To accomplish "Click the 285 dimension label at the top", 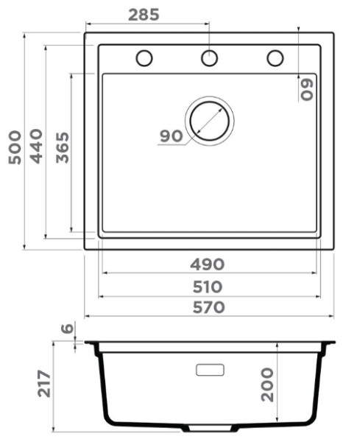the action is click(144, 15).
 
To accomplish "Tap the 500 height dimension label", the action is click(15, 147).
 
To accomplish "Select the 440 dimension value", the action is click(36, 146).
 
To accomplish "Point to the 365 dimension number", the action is click(63, 147).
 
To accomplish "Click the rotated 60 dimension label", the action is click(307, 90).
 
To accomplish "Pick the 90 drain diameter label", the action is click(172, 136).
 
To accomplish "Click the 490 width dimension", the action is click(208, 264).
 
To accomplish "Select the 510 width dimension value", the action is click(208, 287).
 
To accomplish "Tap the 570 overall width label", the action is click(209, 307).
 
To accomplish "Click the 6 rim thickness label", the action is click(68, 329).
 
